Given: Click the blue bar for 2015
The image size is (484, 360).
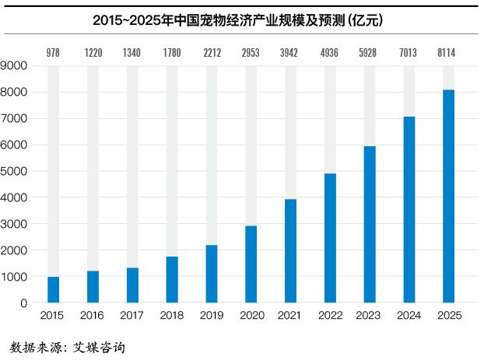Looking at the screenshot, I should point(53,289).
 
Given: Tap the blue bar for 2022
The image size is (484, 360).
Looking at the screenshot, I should point(331,238).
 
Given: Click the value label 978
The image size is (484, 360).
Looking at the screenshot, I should point(53,54).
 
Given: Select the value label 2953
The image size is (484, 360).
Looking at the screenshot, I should point(251,54).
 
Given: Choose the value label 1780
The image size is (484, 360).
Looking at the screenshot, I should point(172,54).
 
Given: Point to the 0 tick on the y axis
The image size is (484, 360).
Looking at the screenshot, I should point(24,302).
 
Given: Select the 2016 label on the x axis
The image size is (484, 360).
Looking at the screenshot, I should point(93,316).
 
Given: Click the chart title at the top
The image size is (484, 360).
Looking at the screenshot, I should point(241,17).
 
